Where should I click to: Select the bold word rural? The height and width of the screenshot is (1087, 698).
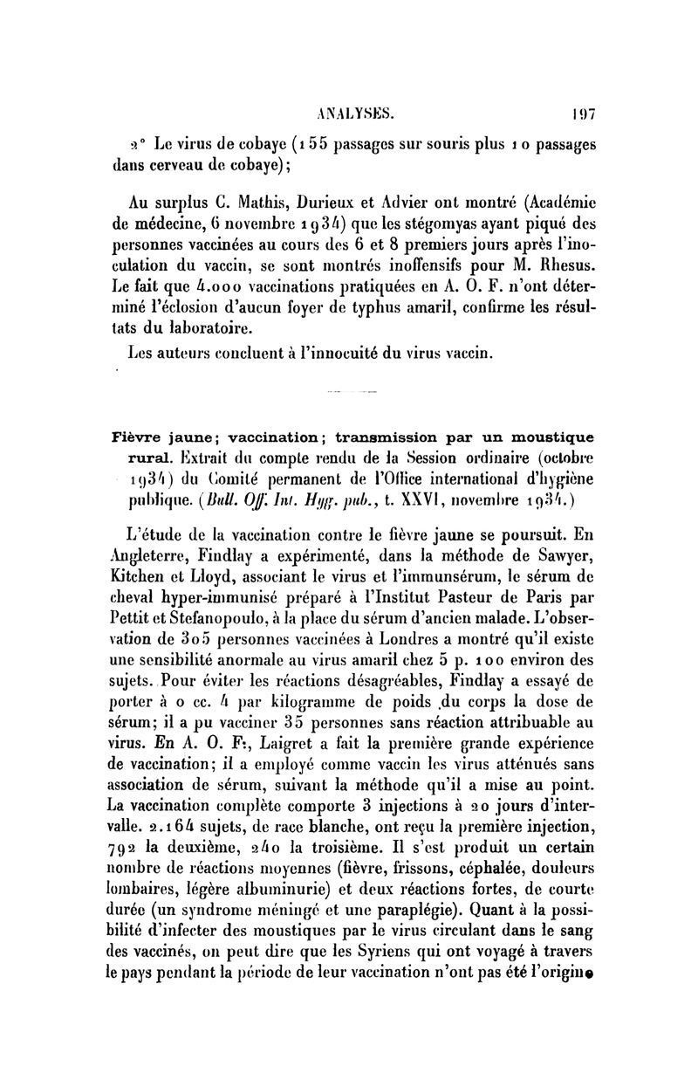pyautogui.click(x=143, y=458)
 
